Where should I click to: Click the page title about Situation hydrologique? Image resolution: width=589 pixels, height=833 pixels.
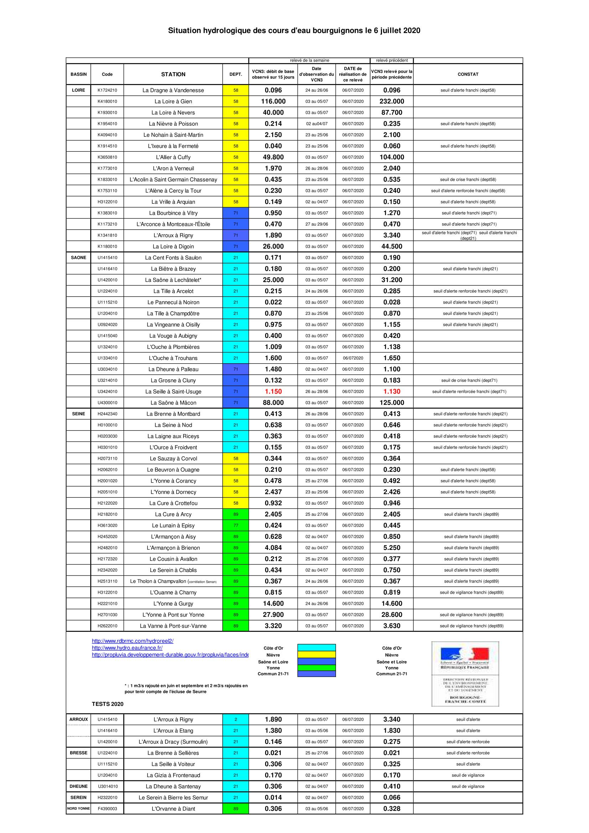pyautogui.click(x=294, y=31)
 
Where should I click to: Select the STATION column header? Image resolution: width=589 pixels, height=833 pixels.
pyautogui.click(x=173, y=74)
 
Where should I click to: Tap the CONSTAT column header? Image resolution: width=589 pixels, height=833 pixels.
pyautogui.click(x=468, y=74)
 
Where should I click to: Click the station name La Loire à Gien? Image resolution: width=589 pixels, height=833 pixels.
pyautogui.click(x=173, y=101)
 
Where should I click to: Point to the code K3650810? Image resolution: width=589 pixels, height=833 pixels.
pyautogui.click(x=107, y=157)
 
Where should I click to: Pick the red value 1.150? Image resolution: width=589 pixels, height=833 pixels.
pyautogui.click(x=273, y=391)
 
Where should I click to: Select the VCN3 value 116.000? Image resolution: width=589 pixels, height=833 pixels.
pyautogui.click(x=273, y=101)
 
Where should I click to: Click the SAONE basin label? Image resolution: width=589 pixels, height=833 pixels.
pyautogui.click(x=78, y=257)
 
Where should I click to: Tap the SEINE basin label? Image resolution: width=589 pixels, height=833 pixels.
pyautogui.click(x=78, y=414)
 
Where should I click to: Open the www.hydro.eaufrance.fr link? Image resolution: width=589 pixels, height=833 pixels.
pyautogui.click(x=127, y=648)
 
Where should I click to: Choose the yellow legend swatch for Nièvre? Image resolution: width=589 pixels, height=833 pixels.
pyautogui.click(x=316, y=655)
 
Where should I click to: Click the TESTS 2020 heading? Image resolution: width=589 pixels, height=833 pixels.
pyautogui.click(x=107, y=704)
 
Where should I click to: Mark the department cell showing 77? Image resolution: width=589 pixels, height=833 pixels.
pyautogui.click(x=236, y=525)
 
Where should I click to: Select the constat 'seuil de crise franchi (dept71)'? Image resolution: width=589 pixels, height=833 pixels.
pyautogui.click(x=468, y=381)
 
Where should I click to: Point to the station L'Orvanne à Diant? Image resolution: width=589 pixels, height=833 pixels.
pyautogui.click(x=173, y=809)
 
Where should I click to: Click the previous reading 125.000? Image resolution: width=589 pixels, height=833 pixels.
pyautogui.click(x=392, y=403)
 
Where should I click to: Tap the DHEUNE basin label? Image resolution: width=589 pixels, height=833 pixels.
pyautogui.click(x=78, y=786)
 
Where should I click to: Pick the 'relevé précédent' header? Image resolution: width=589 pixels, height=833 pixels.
pyautogui.click(x=392, y=61)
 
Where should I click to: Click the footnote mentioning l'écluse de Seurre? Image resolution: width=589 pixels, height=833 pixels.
pyautogui.click(x=186, y=689)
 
